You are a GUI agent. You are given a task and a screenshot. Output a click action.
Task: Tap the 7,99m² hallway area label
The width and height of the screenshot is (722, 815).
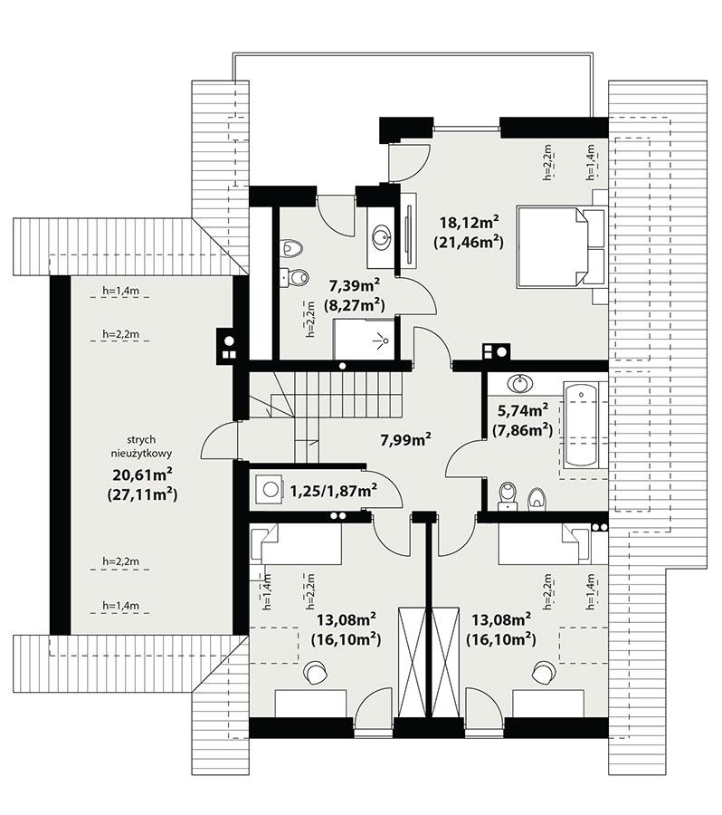point(404,441)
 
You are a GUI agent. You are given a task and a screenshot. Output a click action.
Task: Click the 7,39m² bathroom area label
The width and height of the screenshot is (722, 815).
point(351,286)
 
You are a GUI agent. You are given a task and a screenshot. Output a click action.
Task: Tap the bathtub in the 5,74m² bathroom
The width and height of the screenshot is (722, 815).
point(580,426)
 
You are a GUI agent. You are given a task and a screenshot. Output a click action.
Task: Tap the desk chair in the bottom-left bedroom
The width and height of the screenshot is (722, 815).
point(316,672)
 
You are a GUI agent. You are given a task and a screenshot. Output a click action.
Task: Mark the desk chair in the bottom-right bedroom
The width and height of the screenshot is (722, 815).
point(544,672)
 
